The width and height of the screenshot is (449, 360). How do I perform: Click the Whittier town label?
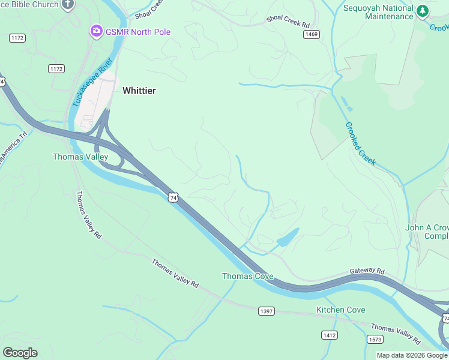click(139, 91)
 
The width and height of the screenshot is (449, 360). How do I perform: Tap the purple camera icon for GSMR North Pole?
click(95, 31)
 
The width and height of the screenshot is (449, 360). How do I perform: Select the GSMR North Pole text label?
click(137, 32)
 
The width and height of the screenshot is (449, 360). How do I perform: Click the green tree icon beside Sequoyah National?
click(423, 11)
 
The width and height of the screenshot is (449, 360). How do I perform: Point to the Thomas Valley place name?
click(80, 157)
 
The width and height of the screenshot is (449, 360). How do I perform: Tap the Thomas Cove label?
click(248, 276)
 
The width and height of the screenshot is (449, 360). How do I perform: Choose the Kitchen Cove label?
click(340, 310)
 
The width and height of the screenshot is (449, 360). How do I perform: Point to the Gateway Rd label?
click(367, 272)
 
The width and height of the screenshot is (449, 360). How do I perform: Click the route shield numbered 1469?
click(311, 35)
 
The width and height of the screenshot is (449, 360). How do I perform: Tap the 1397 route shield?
click(267, 311)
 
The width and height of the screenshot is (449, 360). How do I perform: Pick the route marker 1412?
click(329, 335)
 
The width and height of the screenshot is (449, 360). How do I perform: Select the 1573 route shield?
click(374, 340)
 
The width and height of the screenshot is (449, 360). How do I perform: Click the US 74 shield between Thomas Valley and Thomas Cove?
click(173, 197)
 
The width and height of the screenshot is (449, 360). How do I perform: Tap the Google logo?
click(20, 352)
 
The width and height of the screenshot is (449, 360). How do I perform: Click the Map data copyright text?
click(412, 355)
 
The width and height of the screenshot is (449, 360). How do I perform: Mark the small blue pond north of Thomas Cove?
click(288, 238)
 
